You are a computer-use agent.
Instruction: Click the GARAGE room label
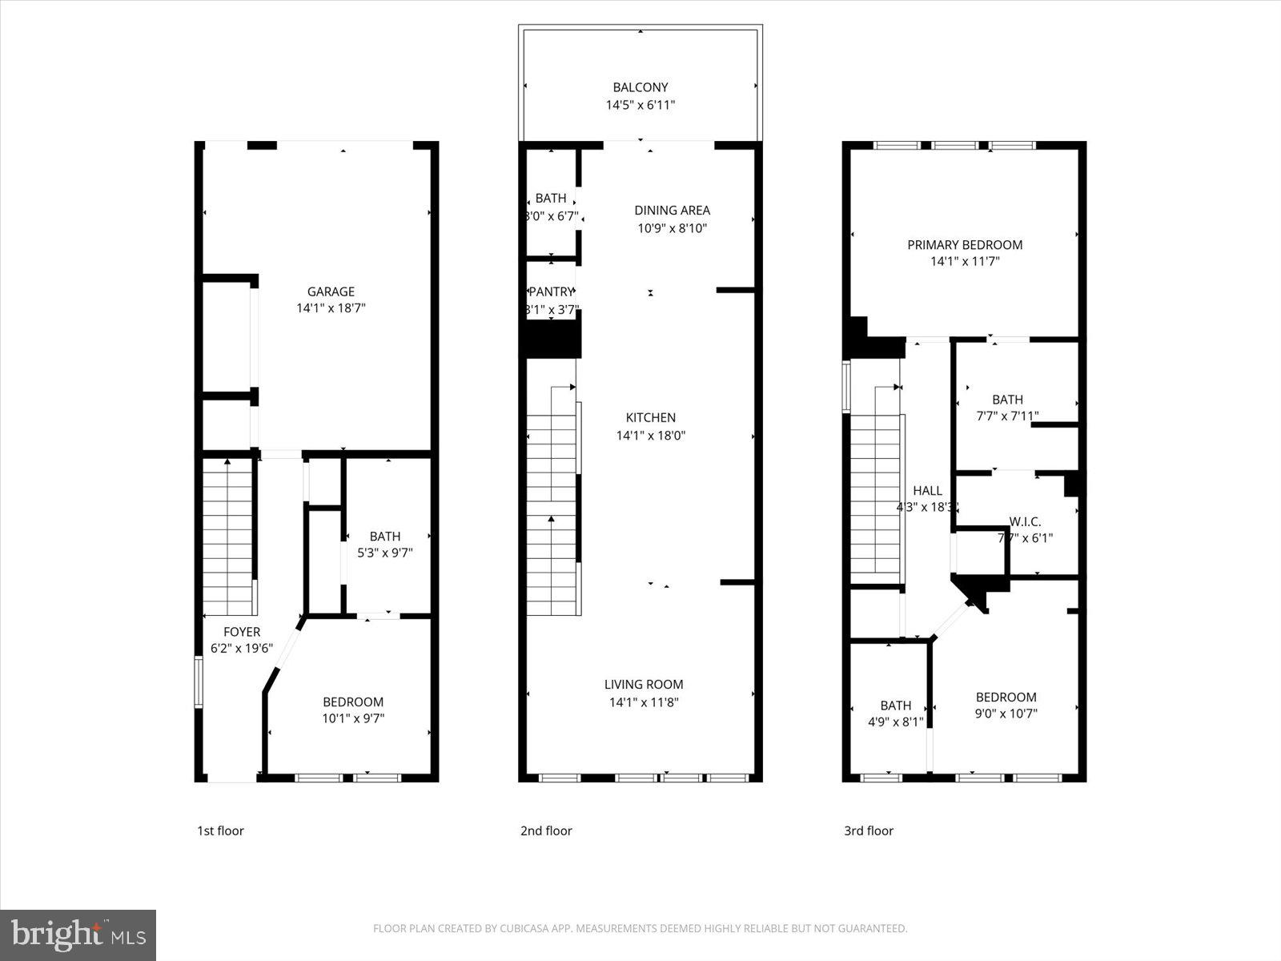pos(331,292)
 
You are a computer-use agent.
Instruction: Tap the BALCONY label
pos(640,87)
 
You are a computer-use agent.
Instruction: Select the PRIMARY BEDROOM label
pos(964,245)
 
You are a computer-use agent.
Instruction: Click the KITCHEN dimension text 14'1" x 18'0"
pos(650,436)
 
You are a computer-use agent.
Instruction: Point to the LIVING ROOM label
pos(644,685)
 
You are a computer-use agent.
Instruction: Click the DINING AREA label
pos(672,211)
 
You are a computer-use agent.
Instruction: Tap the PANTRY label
pos(551,292)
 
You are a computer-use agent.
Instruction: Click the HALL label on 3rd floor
pos(927,491)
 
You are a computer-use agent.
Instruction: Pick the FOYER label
pos(241,632)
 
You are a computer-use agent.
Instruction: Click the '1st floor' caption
pos(220,831)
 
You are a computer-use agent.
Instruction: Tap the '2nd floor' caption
pos(546,831)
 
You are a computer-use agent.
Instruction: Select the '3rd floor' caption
pos(869,831)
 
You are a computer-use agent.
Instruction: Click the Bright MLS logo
pos(78,935)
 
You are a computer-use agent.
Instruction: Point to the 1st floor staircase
pos(228,533)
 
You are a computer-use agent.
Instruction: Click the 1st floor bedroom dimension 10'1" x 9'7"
pos(353,718)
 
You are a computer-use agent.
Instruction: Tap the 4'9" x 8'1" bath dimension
pos(895,722)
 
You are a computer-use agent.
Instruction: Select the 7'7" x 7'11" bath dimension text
pos(1007,416)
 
